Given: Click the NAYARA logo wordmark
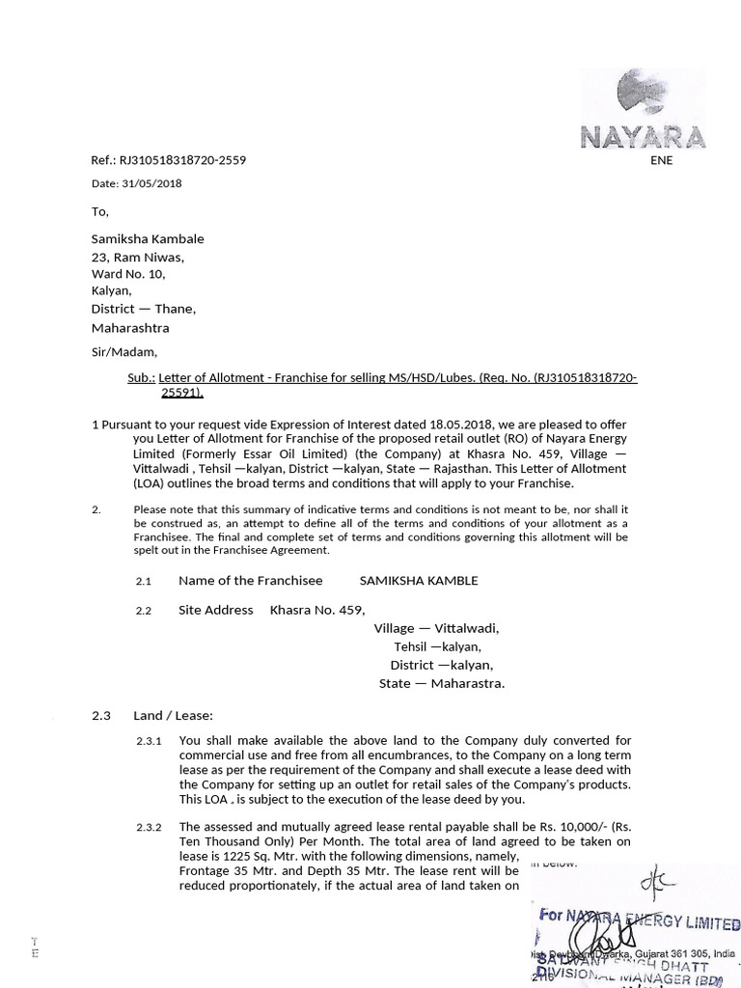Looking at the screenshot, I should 643,136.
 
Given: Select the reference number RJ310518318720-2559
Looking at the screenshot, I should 182,160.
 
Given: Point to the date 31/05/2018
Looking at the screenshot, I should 151,183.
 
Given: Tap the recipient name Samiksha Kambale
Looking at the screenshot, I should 148,238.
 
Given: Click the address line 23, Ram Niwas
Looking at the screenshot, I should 137,257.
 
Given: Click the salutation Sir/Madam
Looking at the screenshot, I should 123,351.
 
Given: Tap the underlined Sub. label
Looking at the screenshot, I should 141,378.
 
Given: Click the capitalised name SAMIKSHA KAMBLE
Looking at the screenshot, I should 418,581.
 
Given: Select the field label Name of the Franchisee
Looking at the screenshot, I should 250,581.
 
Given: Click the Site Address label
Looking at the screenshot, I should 215,610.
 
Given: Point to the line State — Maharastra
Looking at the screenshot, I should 441,683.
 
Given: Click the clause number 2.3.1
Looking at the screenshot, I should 150,741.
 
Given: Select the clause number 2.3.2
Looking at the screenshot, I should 150,827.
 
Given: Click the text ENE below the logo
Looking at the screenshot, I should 661,160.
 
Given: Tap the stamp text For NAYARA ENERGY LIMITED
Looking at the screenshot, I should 639,918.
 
